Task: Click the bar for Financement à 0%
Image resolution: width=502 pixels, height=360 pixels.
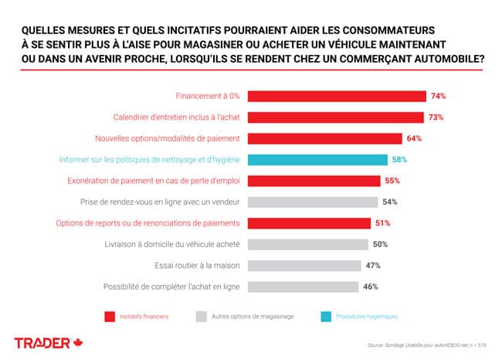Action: pos(336,97)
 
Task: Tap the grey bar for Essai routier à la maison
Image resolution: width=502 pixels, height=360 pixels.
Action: pos(304,266)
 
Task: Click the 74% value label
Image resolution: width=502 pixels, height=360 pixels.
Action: pos(439,97)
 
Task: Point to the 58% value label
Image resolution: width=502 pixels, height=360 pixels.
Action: pos(399,160)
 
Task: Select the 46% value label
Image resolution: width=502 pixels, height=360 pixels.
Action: pos(371,287)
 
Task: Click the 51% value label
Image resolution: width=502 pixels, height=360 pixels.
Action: pos(382,223)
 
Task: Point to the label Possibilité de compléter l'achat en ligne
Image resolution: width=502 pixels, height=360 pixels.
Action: pos(171,287)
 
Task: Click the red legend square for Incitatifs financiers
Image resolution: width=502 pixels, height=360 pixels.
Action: pos(109,316)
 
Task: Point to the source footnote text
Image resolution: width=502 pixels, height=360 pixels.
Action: pos(428,345)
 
